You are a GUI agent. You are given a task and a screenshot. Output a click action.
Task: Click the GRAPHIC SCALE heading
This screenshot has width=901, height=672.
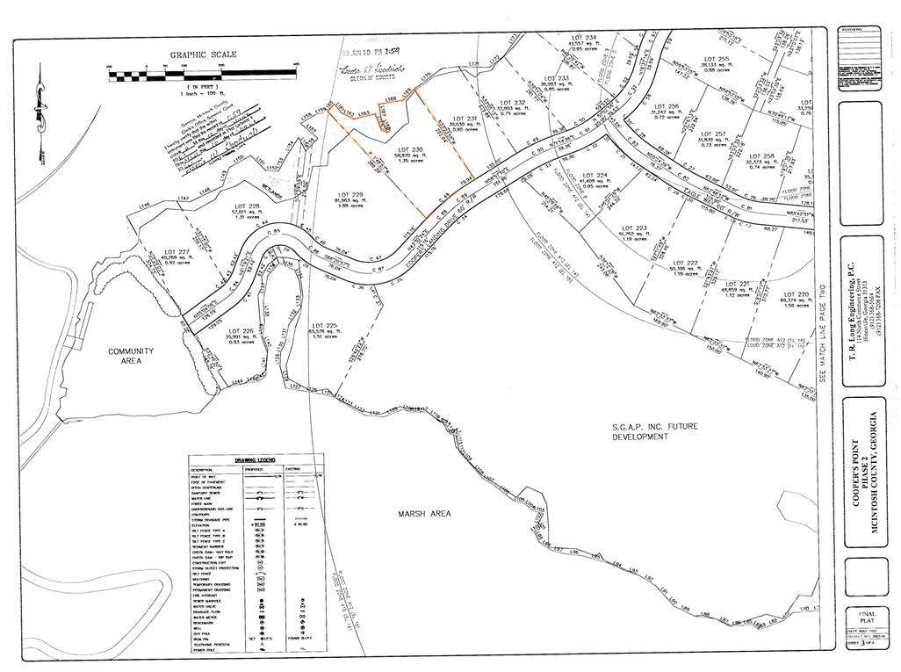tap(203, 54)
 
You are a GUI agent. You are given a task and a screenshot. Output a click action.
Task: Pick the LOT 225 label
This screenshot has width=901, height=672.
tap(324, 326)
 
